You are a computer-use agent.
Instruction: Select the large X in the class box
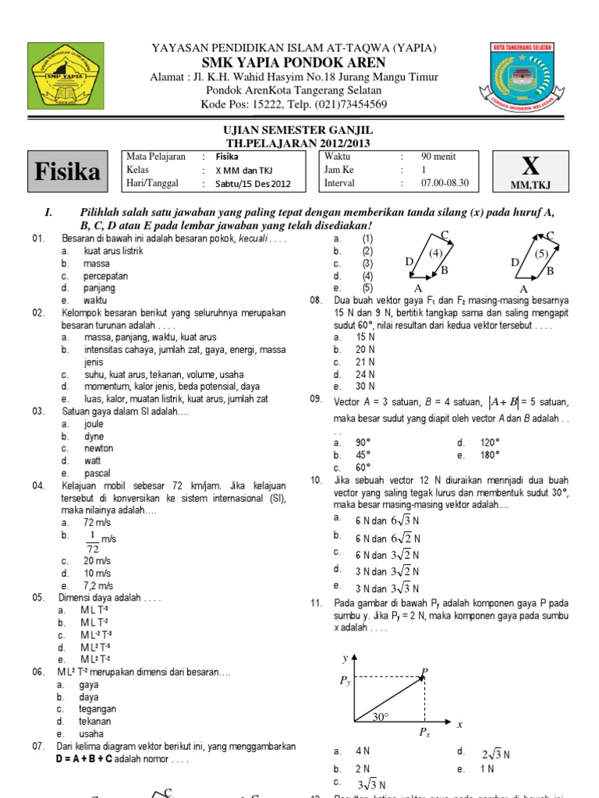click(x=530, y=166)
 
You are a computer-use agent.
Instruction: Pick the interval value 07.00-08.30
click(x=445, y=183)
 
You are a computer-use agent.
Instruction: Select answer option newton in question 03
click(x=99, y=449)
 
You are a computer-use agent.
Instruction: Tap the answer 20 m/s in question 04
click(x=97, y=561)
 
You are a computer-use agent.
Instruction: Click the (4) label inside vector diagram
click(x=434, y=252)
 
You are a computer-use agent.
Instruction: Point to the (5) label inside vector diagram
click(x=542, y=252)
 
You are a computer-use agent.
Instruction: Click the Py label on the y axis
click(x=346, y=680)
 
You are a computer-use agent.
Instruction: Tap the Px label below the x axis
click(x=424, y=733)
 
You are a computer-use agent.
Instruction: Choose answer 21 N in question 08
click(x=366, y=362)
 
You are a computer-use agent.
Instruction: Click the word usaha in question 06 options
click(x=91, y=733)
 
